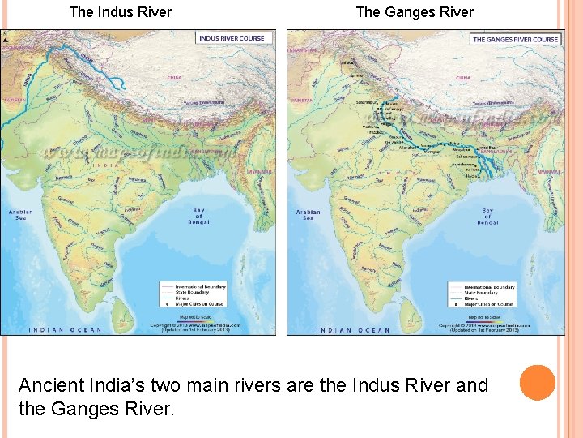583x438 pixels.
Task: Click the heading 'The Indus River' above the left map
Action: point(121,12)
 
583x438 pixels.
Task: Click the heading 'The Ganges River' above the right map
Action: point(415,12)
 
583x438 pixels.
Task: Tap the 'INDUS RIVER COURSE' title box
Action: point(231,38)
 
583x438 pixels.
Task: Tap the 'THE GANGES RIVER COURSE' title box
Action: point(515,39)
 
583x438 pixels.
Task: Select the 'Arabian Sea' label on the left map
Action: point(21,214)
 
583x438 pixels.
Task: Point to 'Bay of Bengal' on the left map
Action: point(198,215)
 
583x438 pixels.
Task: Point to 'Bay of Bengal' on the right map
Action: point(487,216)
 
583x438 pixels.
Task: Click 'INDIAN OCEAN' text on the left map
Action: point(66,329)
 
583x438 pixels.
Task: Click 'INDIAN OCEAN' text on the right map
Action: point(353,330)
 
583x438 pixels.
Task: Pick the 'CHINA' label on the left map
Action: point(174,78)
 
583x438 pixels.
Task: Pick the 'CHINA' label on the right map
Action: point(462,78)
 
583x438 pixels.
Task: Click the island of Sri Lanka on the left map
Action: point(124,309)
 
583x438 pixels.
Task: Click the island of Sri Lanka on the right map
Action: point(411,309)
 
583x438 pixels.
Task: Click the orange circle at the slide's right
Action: point(537,383)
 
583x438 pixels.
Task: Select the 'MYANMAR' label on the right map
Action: point(550,172)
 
